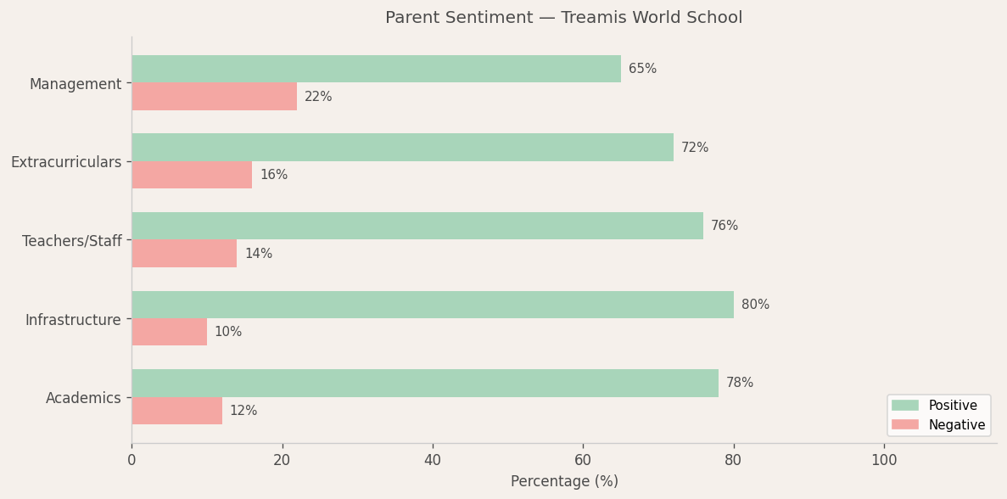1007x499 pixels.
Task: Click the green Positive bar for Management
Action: [x=376, y=69]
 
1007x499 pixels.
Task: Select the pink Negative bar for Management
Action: [x=214, y=97]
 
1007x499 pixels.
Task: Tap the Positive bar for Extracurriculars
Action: [x=402, y=148]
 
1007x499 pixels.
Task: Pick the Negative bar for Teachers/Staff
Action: [x=184, y=254]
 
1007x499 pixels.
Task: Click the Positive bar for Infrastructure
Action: [x=433, y=305]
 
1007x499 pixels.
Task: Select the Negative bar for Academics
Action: [x=176, y=411]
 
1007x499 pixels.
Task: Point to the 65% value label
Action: [x=642, y=69]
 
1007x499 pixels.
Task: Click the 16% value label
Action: [x=273, y=175]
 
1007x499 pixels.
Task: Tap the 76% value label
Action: [x=724, y=226]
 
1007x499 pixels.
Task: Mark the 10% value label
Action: [x=228, y=332]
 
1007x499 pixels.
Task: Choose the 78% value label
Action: [x=740, y=383]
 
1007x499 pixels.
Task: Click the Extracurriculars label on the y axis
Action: [x=66, y=162]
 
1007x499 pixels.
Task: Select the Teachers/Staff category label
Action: [x=72, y=241]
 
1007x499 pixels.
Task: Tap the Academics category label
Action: [x=83, y=398]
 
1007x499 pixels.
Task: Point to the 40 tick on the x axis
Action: [x=433, y=460]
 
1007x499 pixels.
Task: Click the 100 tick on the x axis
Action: [x=884, y=460]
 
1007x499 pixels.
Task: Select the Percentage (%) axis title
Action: [x=564, y=481]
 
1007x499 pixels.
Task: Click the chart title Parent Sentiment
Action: [x=563, y=18]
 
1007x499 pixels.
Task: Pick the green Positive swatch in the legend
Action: [x=905, y=406]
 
